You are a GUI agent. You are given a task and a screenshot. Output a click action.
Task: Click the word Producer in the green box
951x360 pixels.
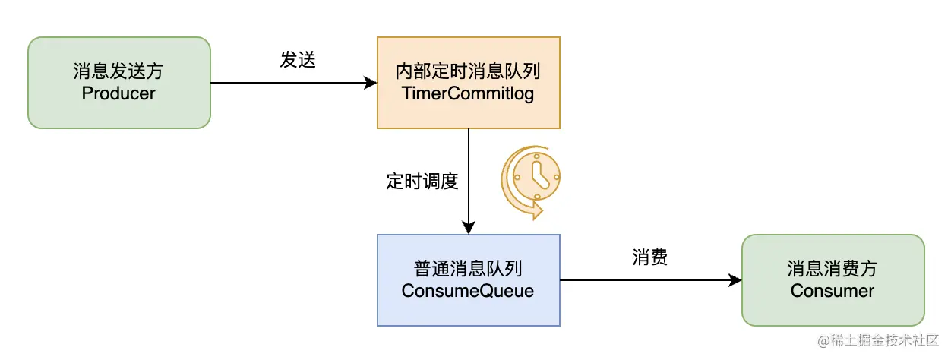click(x=118, y=93)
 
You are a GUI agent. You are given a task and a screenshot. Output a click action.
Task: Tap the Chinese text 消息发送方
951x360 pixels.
click(x=118, y=72)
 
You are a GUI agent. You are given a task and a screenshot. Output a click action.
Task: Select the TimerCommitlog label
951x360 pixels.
click(x=468, y=93)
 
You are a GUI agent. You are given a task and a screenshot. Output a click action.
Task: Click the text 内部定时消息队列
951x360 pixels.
click(x=468, y=72)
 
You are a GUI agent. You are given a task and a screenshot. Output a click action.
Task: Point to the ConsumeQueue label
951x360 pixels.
click(x=468, y=291)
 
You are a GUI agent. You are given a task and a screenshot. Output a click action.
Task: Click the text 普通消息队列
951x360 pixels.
click(x=468, y=270)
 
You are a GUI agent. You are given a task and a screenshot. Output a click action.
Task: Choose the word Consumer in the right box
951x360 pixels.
click(x=833, y=291)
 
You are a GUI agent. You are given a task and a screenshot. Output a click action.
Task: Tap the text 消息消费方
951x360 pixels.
click(x=833, y=270)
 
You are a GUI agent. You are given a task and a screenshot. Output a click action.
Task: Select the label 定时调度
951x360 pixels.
click(x=422, y=182)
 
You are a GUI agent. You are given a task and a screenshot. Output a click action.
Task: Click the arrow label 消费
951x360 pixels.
click(x=650, y=257)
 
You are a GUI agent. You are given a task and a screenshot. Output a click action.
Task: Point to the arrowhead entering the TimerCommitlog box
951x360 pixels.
click(x=371, y=83)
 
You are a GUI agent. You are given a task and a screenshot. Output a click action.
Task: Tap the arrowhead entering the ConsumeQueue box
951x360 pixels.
click(x=469, y=227)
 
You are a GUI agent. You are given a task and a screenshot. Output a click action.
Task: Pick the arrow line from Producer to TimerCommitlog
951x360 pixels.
click(x=289, y=83)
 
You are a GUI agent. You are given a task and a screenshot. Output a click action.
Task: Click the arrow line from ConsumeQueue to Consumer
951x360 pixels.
click(x=646, y=280)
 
